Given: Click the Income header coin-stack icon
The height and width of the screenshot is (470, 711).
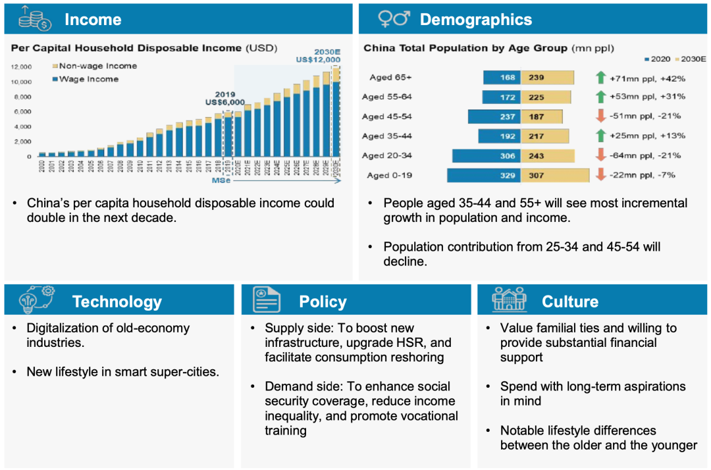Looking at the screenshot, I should point(35,18).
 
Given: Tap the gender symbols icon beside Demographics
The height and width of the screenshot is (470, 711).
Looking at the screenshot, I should point(394,19).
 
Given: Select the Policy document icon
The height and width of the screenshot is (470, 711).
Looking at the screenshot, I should point(265,300).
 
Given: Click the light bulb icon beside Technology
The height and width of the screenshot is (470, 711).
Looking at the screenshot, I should point(32,300).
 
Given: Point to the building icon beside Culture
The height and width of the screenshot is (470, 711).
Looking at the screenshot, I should point(509,300).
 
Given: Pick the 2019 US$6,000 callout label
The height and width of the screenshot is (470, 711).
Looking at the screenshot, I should point(225,98).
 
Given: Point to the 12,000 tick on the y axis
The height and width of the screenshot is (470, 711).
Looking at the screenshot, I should point(22,66).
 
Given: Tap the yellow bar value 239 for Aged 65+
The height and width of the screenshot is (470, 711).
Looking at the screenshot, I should point(536,78).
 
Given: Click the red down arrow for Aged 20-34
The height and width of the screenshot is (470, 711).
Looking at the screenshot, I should point(600,155).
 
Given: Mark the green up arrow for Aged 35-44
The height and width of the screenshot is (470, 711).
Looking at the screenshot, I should point(600,136).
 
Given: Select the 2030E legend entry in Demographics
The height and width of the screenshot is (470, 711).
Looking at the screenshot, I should point(689,59).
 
